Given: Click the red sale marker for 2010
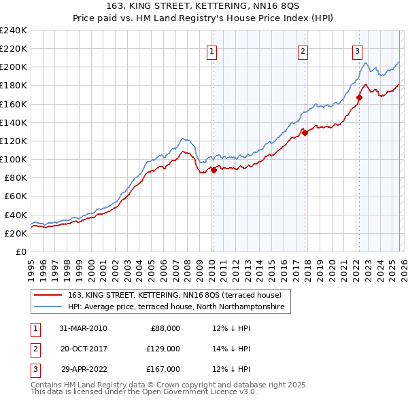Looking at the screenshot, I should pyautogui.click(x=213, y=170).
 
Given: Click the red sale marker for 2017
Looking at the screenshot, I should pyautogui.click(x=305, y=133).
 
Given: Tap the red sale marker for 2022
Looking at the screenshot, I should pyautogui.click(x=359, y=97).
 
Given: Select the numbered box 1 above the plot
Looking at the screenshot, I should pyautogui.click(x=211, y=50).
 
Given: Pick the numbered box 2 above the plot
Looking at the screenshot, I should pyautogui.click(x=303, y=50).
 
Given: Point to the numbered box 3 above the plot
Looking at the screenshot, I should pyautogui.click(x=357, y=50).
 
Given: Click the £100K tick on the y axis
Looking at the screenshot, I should pyautogui.click(x=13, y=159).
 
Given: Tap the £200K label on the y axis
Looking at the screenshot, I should pyautogui.click(x=13, y=67).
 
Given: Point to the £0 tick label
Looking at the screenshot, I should pyautogui.click(x=20, y=251).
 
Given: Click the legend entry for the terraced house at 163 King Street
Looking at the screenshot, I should pyautogui.click(x=170, y=295).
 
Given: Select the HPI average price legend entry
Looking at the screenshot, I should pyautogui.click(x=177, y=307).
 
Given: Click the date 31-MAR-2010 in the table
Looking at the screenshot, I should pyautogui.click(x=83, y=329).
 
